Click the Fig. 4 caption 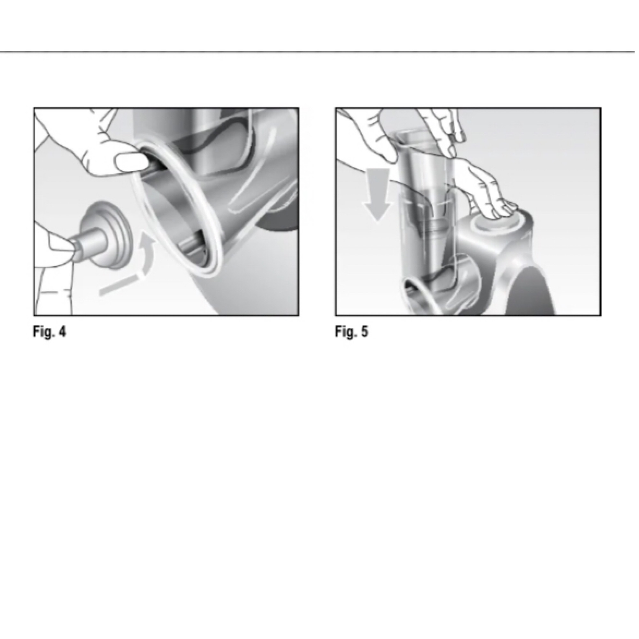point(49,332)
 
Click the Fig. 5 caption point(351,332)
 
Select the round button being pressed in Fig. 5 point(495,225)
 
